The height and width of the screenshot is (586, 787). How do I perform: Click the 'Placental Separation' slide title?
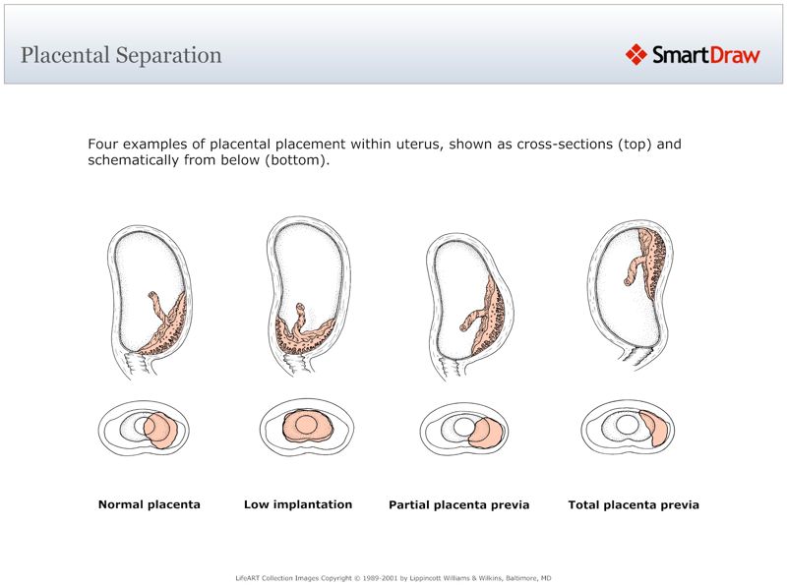click(121, 55)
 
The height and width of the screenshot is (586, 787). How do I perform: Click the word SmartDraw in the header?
click(706, 55)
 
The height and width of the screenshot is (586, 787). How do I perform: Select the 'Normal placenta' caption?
click(150, 504)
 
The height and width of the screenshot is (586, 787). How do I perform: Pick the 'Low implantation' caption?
click(298, 504)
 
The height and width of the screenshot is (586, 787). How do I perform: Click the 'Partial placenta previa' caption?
click(459, 505)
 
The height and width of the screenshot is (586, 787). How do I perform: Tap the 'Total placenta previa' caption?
click(634, 505)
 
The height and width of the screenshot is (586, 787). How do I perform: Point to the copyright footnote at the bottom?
click(393, 578)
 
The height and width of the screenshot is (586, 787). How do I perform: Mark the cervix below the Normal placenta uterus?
click(137, 366)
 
